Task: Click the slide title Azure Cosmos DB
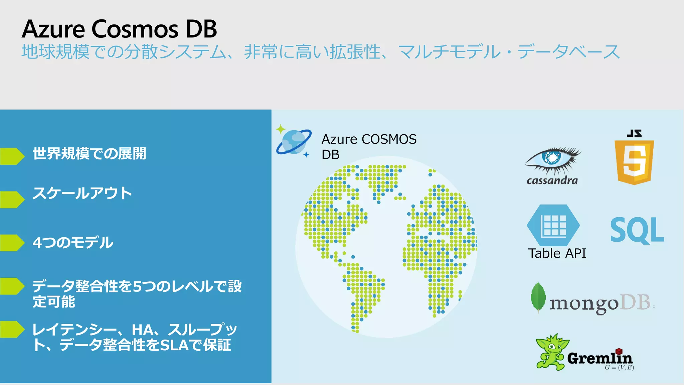[x=119, y=29]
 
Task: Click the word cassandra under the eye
[x=552, y=181]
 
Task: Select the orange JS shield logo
[x=634, y=162]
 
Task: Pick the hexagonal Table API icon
[x=553, y=225]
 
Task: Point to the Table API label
[x=557, y=253]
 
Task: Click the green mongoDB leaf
[x=538, y=297]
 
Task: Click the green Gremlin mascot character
[x=551, y=352]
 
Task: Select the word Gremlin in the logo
[x=600, y=358]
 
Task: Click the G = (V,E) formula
[x=619, y=368]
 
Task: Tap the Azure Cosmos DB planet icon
[x=294, y=142]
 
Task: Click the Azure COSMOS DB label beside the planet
[x=369, y=147]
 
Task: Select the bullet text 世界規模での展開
[x=89, y=154]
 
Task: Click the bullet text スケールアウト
[x=82, y=194]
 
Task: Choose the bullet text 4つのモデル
[x=73, y=243]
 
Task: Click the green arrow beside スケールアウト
[x=12, y=200]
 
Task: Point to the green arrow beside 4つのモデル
[x=12, y=243]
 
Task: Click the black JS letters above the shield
[x=634, y=133]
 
